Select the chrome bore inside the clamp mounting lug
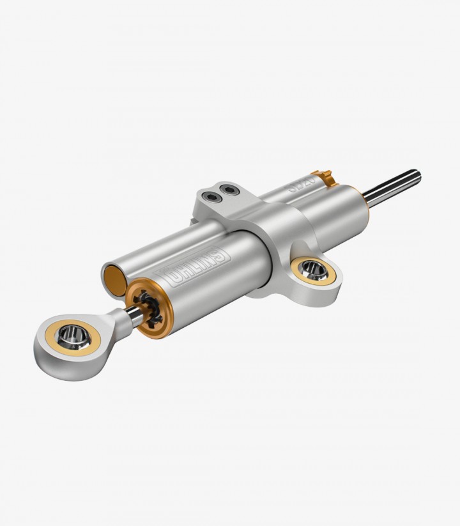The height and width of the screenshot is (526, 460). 312,268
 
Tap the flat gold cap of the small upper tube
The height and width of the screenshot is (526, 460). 114,280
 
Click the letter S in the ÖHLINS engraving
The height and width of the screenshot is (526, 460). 220,255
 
